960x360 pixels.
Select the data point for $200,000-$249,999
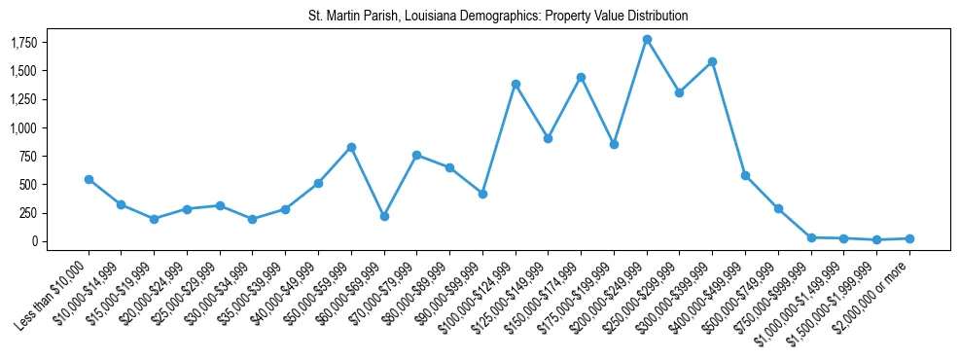click(647, 40)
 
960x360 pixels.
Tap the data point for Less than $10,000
click(89, 179)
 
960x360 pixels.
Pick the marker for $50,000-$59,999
click(351, 147)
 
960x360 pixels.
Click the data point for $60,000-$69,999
click(384, 216)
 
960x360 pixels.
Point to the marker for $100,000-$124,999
click(516, 84)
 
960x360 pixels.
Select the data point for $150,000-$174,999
click(581, 77)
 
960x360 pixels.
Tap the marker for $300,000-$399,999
click(712, 61)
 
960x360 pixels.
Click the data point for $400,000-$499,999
click(745, 175)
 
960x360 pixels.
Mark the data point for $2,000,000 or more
click(909, 238)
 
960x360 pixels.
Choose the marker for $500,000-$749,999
click(778, 208)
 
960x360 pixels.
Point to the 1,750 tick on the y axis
click(48, 43)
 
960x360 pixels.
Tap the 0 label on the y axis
click(59, 241)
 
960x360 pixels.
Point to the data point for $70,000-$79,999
click(416, 155)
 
